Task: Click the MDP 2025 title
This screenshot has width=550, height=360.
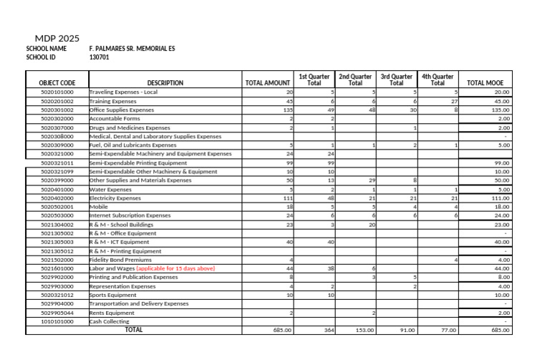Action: coord(57,39)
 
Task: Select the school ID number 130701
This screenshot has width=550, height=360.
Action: coord(99,57)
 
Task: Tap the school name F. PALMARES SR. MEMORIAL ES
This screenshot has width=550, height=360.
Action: coord(132,49)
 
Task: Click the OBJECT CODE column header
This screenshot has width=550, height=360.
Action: coord(57,83)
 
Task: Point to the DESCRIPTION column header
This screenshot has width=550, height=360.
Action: coord(165,83)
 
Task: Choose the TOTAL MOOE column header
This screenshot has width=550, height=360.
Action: coord(485,83)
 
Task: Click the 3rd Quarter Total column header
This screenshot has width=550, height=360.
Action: coord(396,79)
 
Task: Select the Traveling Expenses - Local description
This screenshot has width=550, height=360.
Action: coord(123,92)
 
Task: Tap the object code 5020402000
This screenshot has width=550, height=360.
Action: coord(57,198)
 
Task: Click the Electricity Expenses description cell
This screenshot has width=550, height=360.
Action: coord(115,198)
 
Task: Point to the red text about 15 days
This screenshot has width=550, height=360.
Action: coord(175,268)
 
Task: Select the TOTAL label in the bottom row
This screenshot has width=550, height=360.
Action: coord(134,330)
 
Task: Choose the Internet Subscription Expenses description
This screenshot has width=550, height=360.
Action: coord(130,215)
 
